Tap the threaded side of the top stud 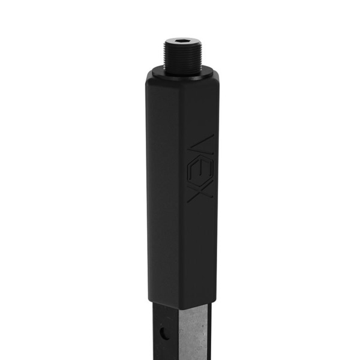point(183,57)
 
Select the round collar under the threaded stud point(183,74)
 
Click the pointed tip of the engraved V point(188,149)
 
